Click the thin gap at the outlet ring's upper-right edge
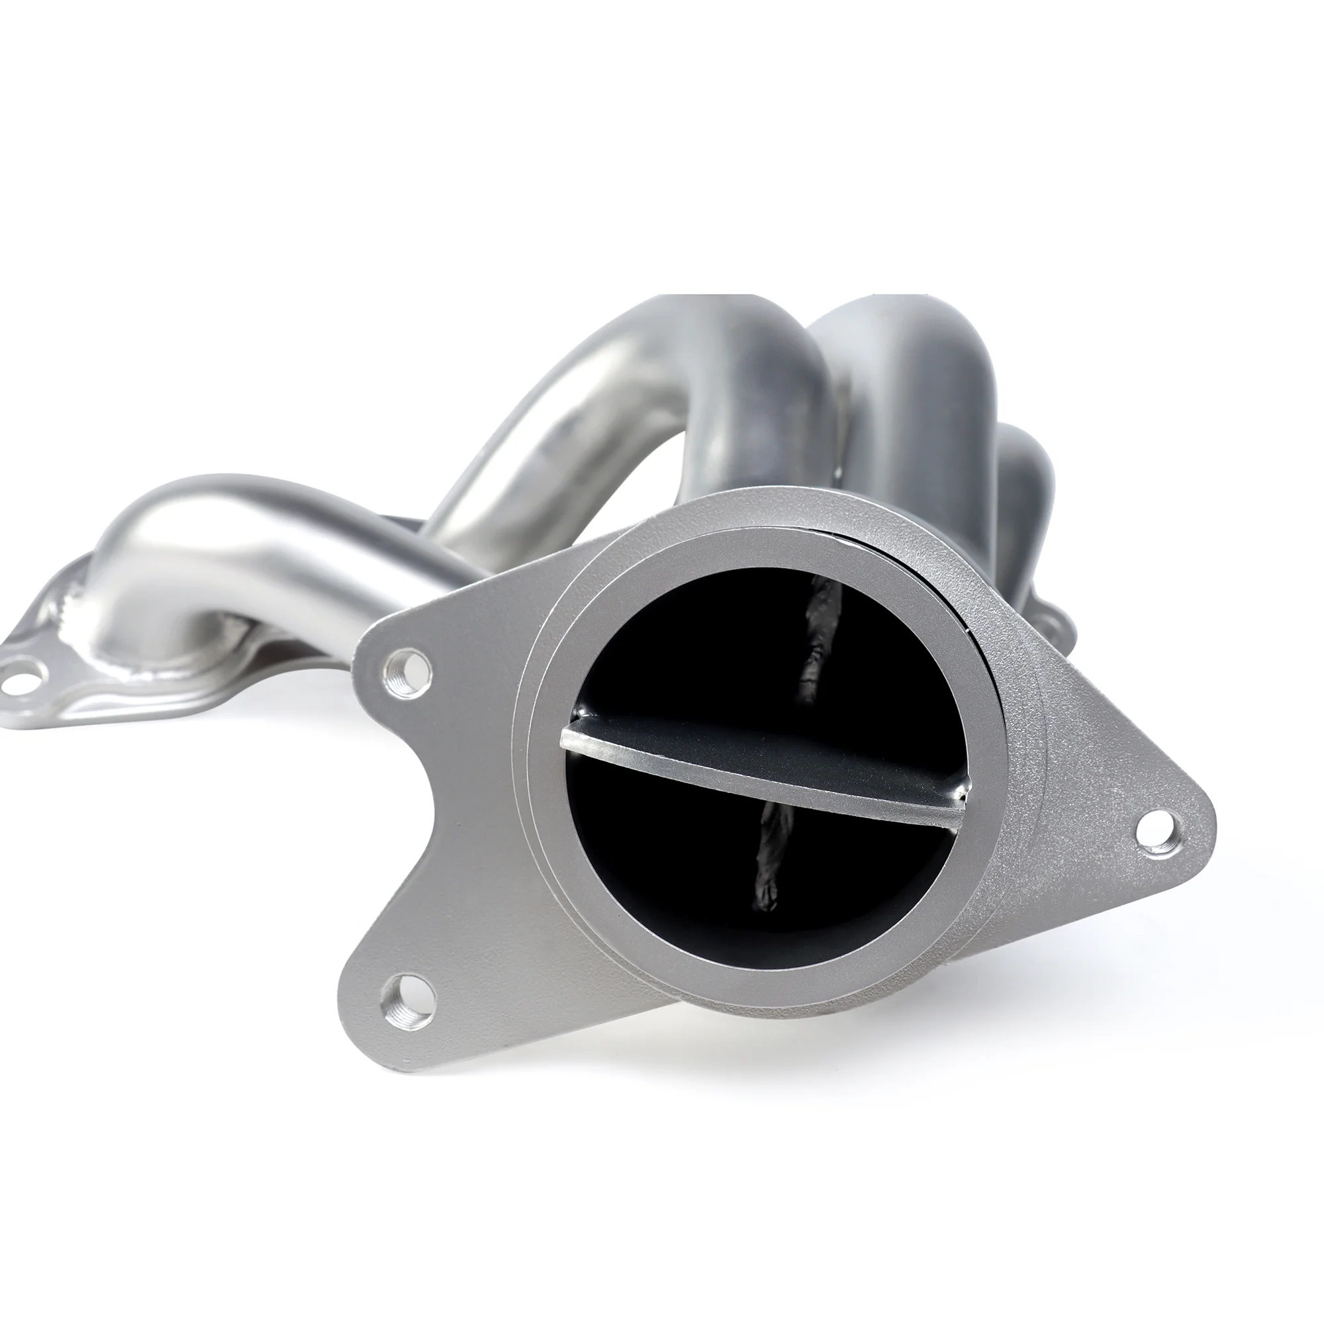tap(963, 603)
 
